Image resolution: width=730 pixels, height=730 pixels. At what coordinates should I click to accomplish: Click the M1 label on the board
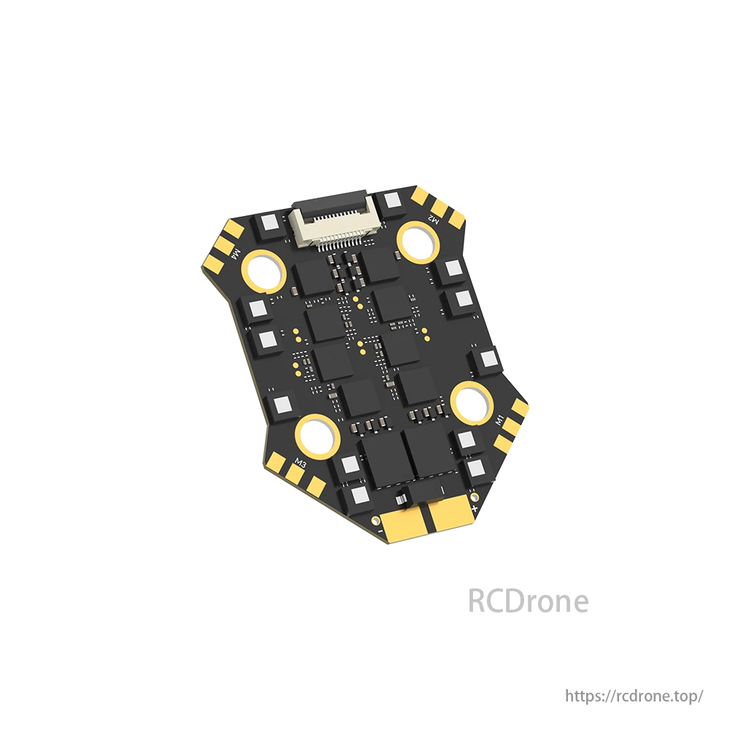click(499, 420)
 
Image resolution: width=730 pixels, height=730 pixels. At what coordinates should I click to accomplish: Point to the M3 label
click(301, 464)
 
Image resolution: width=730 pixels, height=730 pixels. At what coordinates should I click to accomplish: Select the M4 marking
click(236, 255)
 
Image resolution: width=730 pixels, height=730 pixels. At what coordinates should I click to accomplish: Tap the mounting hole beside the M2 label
click(418, 242)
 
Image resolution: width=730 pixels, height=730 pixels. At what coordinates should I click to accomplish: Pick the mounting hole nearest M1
click(473, 402)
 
